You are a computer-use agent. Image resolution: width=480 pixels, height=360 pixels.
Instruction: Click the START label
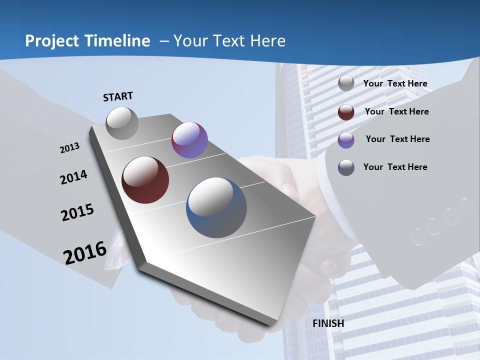click(118, 96)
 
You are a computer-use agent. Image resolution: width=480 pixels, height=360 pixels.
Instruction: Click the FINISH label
click(328, 323)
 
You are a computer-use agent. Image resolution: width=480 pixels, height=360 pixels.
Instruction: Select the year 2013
click(70, 147)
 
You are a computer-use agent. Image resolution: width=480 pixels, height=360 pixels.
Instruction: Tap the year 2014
click(73, 177)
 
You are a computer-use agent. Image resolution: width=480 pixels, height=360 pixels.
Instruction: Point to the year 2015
click(77, 212)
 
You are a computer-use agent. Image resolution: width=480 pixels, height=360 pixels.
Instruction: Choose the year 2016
click(85, 252)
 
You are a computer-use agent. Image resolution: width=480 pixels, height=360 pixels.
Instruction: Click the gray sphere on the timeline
click(122, 123)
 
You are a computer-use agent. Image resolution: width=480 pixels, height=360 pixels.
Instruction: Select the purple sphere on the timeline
click(189, 140)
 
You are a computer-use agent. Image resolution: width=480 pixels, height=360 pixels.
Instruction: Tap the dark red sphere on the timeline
click(145, 180)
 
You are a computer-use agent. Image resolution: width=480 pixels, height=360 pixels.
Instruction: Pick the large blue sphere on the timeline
click(216, 207)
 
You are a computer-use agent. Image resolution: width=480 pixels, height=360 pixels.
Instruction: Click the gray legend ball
click(346, 83)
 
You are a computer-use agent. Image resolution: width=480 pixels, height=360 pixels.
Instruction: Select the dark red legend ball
click(346, 112)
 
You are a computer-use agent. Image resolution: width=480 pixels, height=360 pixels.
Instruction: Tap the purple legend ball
click(346, 140)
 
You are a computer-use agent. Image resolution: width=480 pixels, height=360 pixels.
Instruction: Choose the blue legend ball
click(346, 167)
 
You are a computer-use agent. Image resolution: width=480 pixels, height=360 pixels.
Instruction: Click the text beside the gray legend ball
click(395, 83)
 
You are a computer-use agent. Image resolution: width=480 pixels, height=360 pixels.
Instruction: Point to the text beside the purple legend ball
click(397, 139)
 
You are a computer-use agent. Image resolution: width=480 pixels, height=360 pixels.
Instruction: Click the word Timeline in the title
click(117, 41)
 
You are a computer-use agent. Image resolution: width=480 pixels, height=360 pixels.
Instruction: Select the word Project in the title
click(51, 41)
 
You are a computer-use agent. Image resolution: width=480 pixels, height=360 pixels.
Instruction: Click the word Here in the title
click(267, 41)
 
